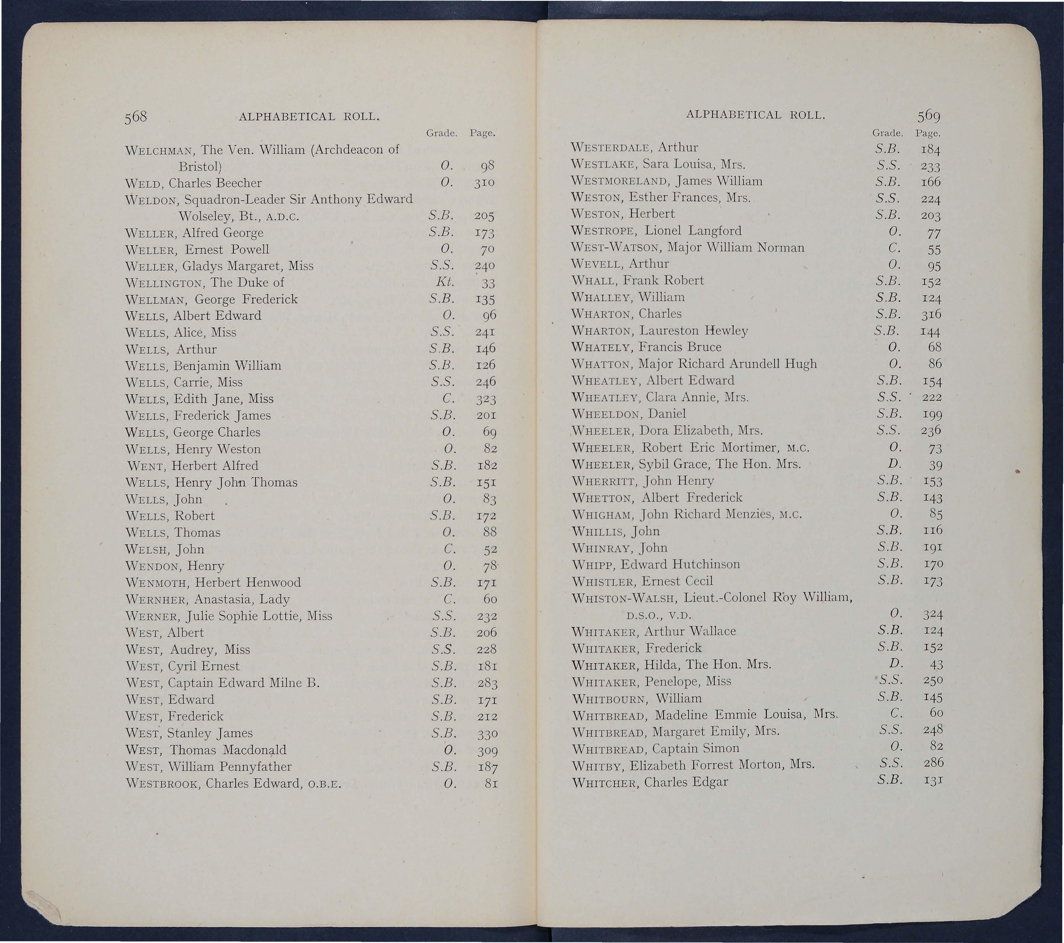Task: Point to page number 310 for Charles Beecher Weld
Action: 484,183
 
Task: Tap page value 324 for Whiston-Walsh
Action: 933,614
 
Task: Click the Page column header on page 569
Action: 928,133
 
